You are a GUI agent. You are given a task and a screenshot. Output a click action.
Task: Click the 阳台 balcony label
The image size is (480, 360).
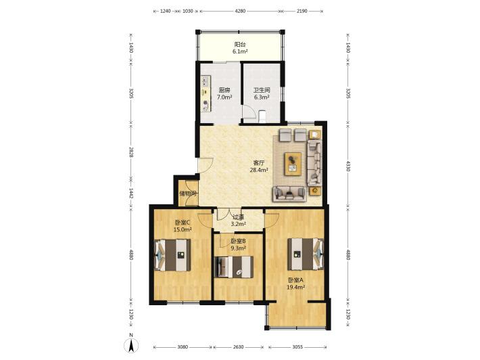240,45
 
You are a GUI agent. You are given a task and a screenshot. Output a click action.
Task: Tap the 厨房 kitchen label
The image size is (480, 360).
224,90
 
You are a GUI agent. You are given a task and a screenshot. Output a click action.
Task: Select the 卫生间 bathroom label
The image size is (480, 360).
262,90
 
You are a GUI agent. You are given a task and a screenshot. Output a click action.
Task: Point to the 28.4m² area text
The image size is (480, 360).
259,170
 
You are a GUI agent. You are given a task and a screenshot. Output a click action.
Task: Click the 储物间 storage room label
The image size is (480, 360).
188,194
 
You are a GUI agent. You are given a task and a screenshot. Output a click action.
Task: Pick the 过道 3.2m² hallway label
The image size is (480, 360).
238,221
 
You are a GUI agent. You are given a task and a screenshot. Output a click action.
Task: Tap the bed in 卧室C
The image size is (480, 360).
172,255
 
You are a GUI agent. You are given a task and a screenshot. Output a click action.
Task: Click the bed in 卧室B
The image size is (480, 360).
235,267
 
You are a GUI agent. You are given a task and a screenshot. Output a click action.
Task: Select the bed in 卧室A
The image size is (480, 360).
305,254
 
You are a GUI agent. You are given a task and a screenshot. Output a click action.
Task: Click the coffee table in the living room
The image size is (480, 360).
293,164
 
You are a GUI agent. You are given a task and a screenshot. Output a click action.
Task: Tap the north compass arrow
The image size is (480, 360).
131,346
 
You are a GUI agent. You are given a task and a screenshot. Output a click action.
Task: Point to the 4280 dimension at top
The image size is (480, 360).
240,11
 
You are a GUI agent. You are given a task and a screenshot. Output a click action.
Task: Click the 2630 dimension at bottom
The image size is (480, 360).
239,347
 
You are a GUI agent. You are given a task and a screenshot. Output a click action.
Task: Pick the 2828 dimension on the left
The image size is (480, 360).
131,152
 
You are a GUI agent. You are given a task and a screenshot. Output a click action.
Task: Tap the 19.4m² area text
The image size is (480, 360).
295,287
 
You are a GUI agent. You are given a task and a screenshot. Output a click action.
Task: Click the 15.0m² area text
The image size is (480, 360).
183,229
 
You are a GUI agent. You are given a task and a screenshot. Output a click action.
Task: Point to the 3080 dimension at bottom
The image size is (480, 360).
183,347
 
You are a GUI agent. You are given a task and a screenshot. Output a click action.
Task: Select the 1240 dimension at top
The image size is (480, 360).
166,11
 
